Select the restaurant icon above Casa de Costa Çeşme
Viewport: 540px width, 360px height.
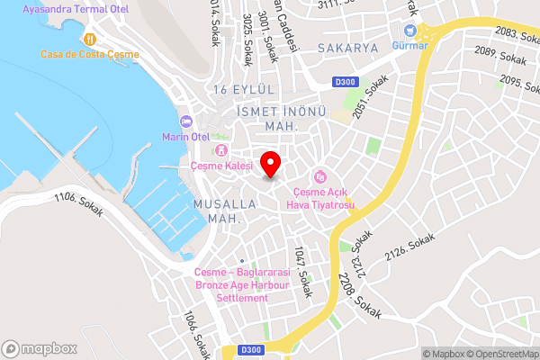[90, 39]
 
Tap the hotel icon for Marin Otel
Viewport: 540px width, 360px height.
[186, 121]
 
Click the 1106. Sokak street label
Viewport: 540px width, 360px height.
[79, 204]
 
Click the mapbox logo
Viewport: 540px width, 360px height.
[39, 348]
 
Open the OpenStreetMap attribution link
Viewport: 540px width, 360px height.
[499, 354]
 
